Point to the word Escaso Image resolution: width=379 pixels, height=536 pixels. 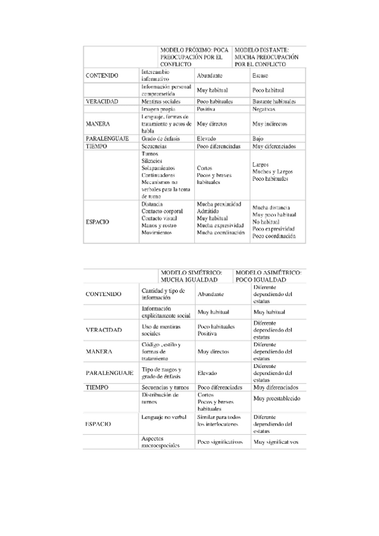click(260, 76)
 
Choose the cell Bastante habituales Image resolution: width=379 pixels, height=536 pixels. click(274, 101)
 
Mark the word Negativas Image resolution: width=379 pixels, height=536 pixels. click(264, 109)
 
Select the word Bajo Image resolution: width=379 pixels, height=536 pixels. click(258, 138)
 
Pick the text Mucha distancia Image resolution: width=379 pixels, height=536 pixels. click(271, 208)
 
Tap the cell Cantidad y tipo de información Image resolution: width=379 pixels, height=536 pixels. click(163, 294)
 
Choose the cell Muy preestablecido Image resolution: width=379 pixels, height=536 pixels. click(275, 399)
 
